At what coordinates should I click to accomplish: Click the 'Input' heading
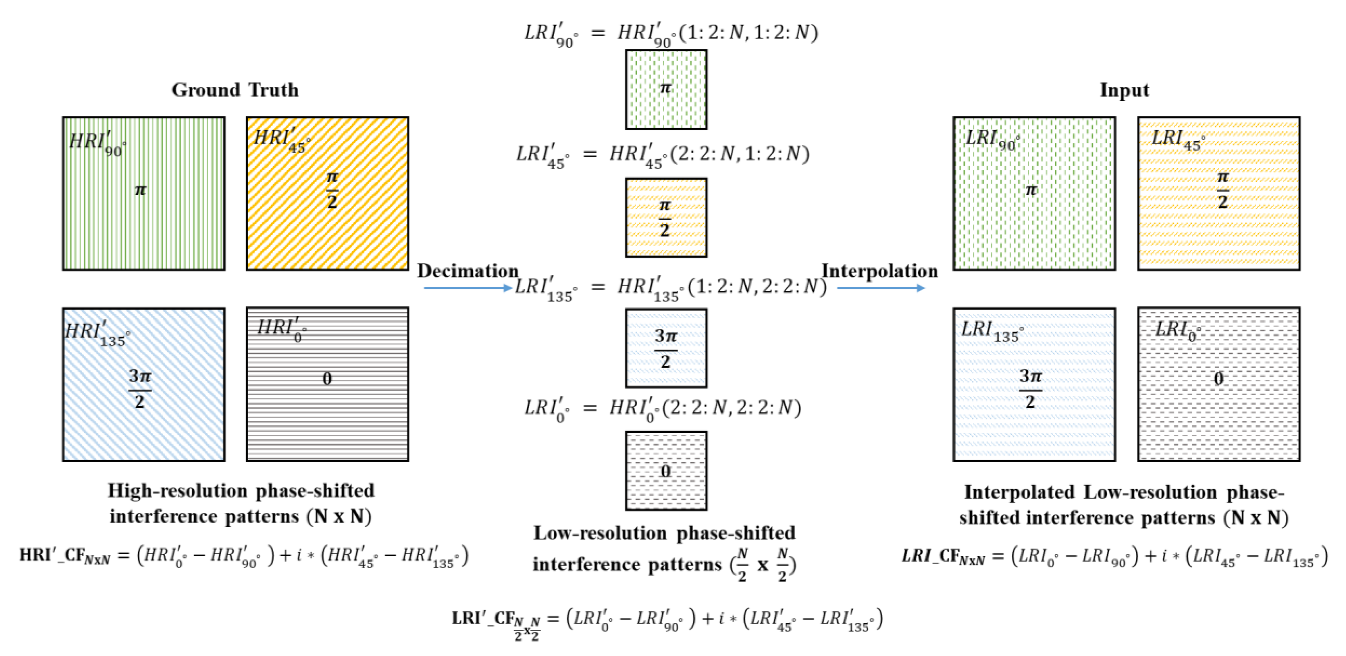(1124, 90)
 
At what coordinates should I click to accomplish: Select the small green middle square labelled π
(666, 89)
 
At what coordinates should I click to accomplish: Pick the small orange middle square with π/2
(666, 217)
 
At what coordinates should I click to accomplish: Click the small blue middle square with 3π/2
(666, 348)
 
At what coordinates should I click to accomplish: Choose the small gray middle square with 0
(666, 471)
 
